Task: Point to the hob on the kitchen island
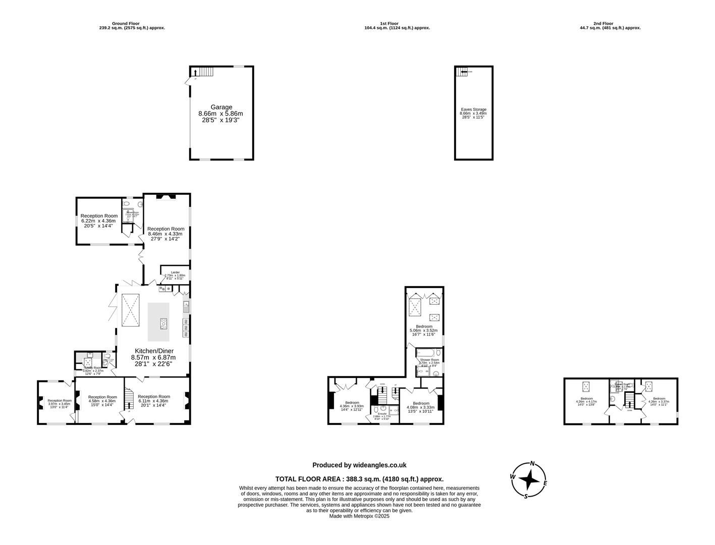point(163,323)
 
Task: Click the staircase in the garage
point(204,72)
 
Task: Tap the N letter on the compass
point(532,464)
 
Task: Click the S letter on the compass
point(526,496)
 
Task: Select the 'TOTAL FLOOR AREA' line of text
point(359,479)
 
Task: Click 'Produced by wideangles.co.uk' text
point(359,465)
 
